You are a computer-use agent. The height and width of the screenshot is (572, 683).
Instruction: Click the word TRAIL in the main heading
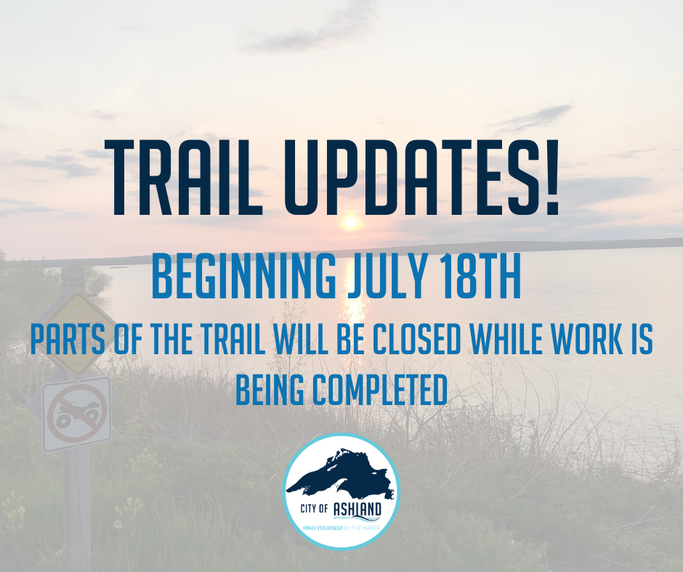coord(183,177)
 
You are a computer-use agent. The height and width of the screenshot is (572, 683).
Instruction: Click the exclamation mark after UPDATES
coord(553,177)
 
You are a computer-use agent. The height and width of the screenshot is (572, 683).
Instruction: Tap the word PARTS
coord(68,339)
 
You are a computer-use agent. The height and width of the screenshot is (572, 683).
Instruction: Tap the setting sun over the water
coord(349,222)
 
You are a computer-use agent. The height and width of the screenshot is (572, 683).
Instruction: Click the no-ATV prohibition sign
coord(77,414)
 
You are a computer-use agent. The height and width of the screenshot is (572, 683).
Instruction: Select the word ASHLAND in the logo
coord(357,509)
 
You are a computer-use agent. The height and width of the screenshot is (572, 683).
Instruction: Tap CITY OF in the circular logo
coord(314,508)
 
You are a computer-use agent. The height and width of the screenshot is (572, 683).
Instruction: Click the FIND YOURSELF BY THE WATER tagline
coord(341,528)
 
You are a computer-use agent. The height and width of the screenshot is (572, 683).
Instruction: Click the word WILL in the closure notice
coord(301,339)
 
